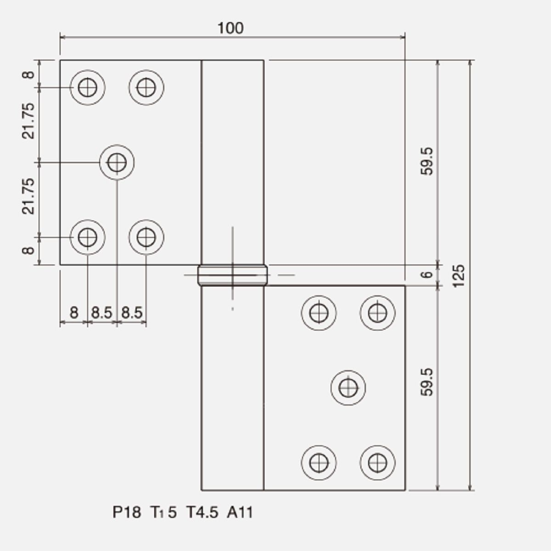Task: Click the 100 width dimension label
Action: point(231,28)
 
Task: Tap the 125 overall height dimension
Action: point(459,276)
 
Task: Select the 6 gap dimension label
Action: point(427,275)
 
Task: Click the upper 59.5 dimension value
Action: point(427,161)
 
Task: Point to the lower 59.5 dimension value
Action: point(427,382)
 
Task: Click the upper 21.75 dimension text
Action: point(28,121)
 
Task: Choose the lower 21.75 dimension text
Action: point(28,196)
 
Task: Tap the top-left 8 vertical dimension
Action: point(28,75)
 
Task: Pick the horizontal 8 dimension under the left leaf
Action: point(74,312)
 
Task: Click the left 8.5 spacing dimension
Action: point(101,313)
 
